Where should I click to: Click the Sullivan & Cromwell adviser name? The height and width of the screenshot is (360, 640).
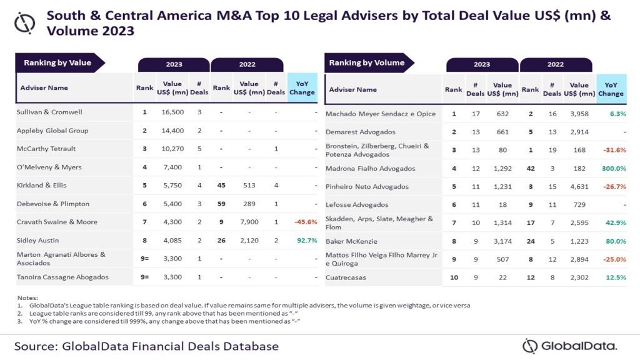tap(49, 112)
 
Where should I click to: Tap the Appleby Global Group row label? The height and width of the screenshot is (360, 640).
tap(52, 131)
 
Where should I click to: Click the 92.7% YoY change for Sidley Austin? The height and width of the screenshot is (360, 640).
tap(302, 240)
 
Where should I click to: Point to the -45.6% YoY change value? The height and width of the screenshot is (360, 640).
tap(302, 222)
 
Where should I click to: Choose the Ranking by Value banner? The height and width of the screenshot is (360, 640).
tap(57, 62)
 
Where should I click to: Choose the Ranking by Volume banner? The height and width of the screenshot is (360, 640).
tap(367, 62)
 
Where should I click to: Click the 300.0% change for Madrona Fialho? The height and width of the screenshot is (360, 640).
tap(613, 168)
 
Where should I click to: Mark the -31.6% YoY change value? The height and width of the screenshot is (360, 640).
tap(612, 150)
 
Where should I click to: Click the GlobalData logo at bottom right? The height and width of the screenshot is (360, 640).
tap(569, 346)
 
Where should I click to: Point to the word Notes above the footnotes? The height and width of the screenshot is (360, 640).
tap(29, 297)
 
